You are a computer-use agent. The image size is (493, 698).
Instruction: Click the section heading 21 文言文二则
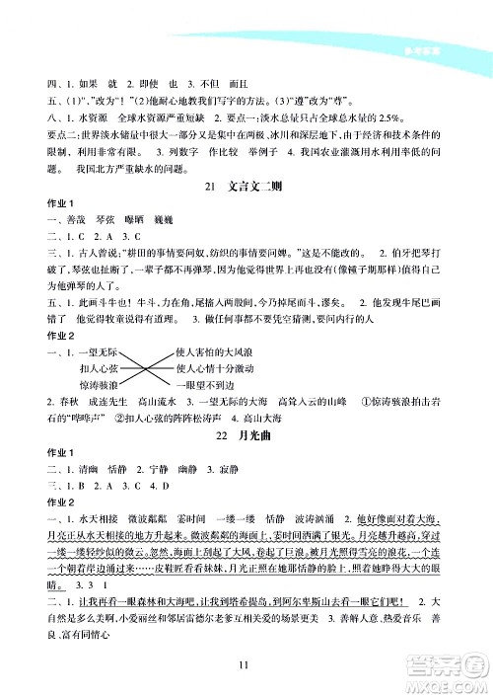pos(246,216)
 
